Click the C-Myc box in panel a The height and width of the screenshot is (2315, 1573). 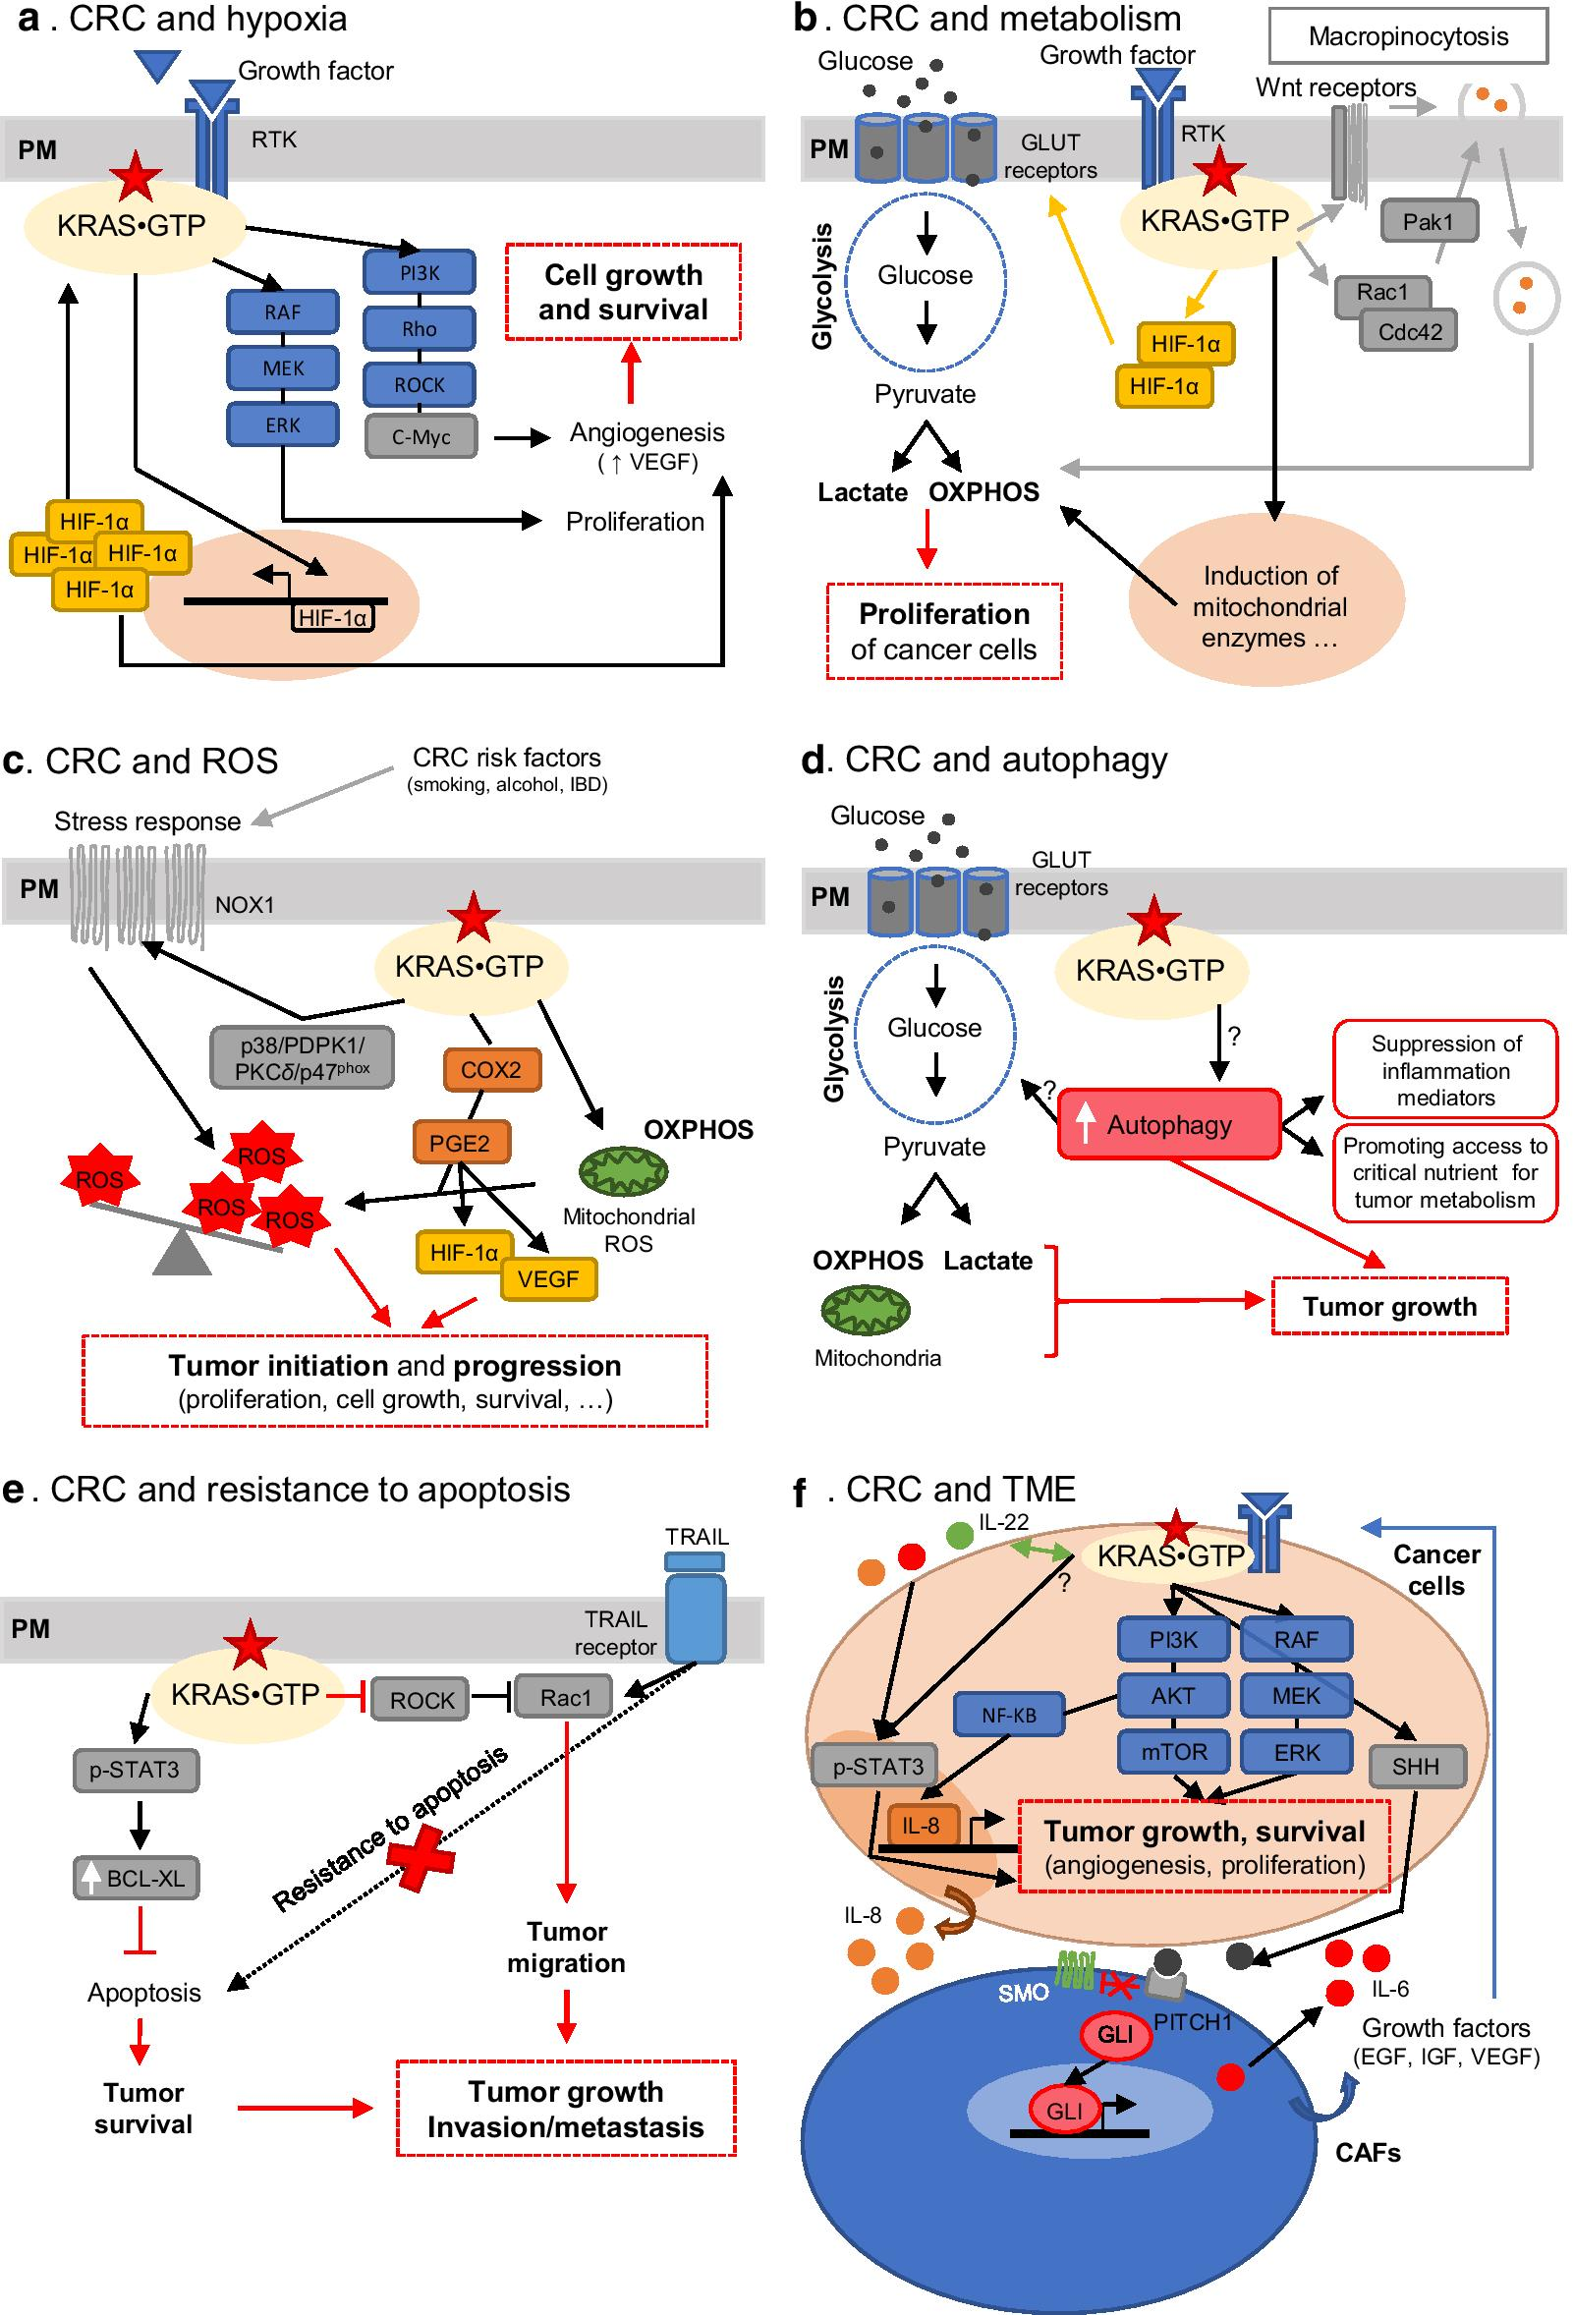point(421,437)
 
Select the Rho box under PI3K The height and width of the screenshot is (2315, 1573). point(420,329)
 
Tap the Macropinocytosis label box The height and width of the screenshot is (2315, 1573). point(1408,37)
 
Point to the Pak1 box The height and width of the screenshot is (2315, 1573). point(1428,221)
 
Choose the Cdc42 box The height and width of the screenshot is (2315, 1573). point(1409,332)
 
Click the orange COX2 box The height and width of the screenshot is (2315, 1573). point(490,1070)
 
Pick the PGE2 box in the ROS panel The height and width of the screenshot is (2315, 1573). point(460,1143)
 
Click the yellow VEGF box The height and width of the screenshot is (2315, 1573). point(548,1279)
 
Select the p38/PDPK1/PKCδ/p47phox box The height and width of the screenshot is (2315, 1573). point(303,1057)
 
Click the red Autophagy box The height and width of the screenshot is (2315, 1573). point(1168,1125)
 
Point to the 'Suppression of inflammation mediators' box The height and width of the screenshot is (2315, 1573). point(1444,1070)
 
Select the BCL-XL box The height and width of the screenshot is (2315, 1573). point(137,1879)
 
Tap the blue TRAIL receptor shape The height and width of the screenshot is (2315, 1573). point(696,1614)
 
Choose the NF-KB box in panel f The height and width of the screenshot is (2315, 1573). point(1008,1716)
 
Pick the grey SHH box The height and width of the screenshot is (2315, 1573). point(1415,1767)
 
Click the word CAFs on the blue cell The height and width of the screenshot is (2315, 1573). point(1367,2153)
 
